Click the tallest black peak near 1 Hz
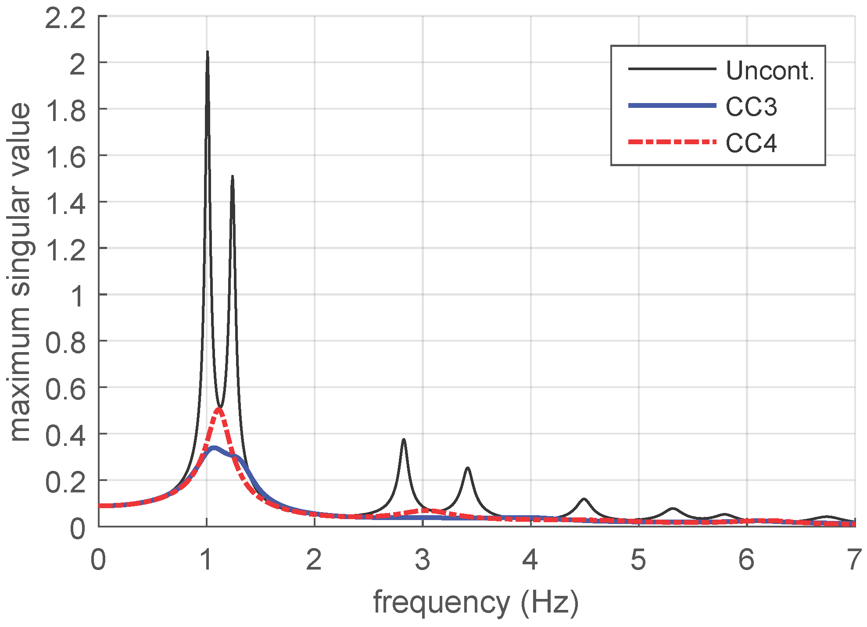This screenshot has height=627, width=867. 207,53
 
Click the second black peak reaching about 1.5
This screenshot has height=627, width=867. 232,177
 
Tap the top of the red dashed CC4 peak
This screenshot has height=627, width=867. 219,410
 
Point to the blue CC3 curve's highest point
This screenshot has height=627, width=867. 214,448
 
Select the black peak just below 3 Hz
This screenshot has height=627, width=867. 404,440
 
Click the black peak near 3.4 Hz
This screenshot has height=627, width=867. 468,468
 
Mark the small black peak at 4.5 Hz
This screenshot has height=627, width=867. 584,499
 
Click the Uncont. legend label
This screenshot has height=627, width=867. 770,71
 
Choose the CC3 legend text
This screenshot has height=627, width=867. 751,107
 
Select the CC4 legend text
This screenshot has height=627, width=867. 751,143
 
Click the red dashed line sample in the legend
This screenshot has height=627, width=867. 672,142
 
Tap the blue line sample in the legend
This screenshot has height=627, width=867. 672,106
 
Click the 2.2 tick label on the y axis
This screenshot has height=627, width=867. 65,20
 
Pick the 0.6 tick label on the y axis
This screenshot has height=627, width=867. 65,389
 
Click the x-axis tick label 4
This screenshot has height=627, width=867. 530,560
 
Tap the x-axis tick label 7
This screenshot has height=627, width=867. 853,560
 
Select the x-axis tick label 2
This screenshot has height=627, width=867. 314,560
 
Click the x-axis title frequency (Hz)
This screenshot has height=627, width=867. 476,602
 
